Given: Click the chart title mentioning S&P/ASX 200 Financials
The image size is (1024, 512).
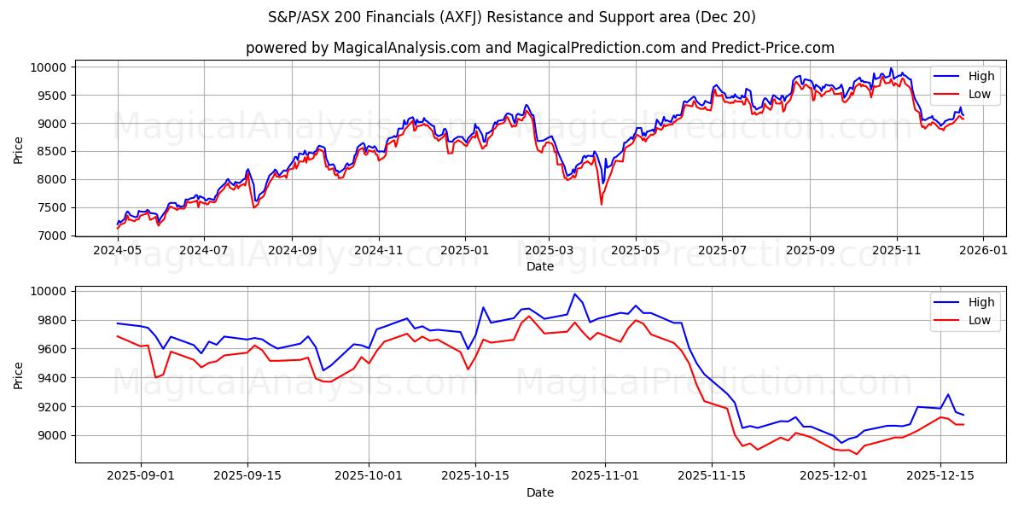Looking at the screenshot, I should (x=512, y=17).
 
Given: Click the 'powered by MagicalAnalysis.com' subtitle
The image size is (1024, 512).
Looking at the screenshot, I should (x=539, y=48).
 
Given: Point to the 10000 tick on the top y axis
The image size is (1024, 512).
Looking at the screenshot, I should (x=48, y=67).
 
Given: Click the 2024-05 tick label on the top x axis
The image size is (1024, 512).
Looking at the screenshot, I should (x=117, y=250).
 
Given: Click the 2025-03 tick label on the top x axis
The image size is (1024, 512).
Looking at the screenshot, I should (x=549, y=250).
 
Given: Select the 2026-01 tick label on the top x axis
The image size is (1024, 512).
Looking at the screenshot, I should (x=982, y=250).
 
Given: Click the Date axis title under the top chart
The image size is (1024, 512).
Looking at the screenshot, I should (x=539, y=266).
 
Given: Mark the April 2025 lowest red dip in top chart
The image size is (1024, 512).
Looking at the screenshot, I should (x=601, y=204).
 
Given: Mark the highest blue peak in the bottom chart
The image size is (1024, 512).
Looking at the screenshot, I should (x=574, y=294).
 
